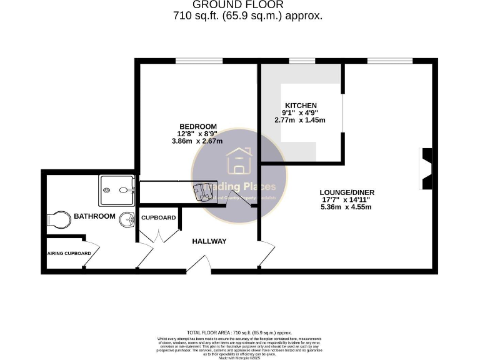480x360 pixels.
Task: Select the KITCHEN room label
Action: click(301, 105)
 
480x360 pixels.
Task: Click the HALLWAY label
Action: click(209, 241)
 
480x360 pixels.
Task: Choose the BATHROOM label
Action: click(94, 216)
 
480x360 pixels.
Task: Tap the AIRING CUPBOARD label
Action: click(70, 253)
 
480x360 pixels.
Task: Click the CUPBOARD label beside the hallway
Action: click(159, 218)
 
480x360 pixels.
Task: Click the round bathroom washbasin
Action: click(127, 220)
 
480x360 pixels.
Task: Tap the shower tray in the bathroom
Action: click(116, 190)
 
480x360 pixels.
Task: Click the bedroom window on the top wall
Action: click(199, 61)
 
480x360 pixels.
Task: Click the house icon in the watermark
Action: click(238, 161)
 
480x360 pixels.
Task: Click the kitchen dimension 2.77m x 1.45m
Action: click(300, 120)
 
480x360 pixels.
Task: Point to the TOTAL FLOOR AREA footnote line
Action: click(239, 332)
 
